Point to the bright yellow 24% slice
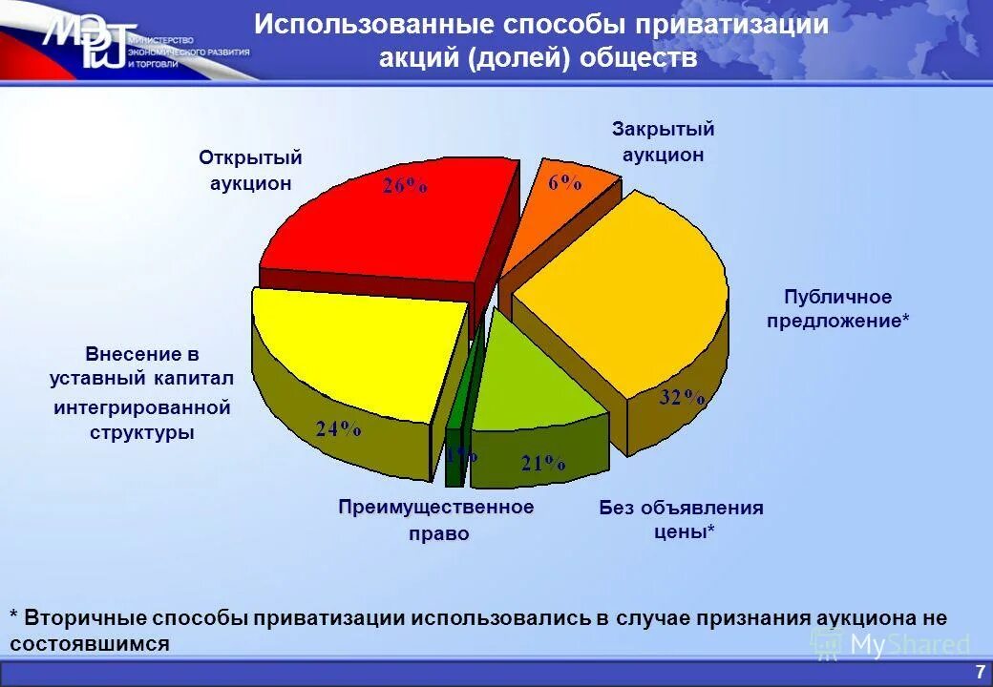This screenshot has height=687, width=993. (353, 353)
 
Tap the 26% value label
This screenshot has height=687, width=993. (405, 186)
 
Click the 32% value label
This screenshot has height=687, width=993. (682, 399)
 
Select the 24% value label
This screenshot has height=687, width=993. (339, 429)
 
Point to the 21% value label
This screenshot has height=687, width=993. (542, 464)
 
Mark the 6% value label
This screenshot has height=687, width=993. (565, 183)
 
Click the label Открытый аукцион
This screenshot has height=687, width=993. (250, 170)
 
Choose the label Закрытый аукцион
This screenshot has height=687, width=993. (663, 141)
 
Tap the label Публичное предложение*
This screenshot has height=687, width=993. (838, 309)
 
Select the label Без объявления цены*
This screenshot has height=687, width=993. (682, 519)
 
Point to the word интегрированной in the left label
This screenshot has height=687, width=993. (142, 407)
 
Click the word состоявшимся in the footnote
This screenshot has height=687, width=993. (91, 643)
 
